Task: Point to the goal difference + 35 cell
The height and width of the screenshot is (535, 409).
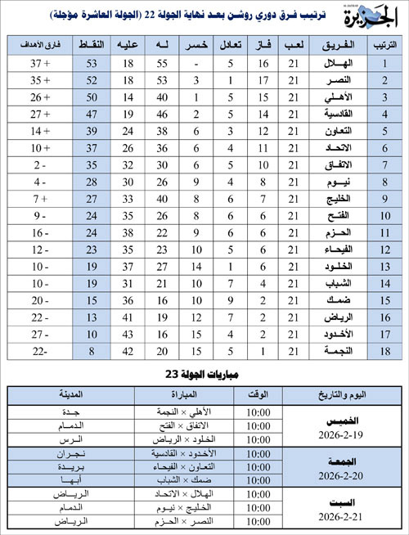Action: click(x=38, y=80)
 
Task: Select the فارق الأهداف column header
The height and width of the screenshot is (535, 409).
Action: click(x=38, y=44)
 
